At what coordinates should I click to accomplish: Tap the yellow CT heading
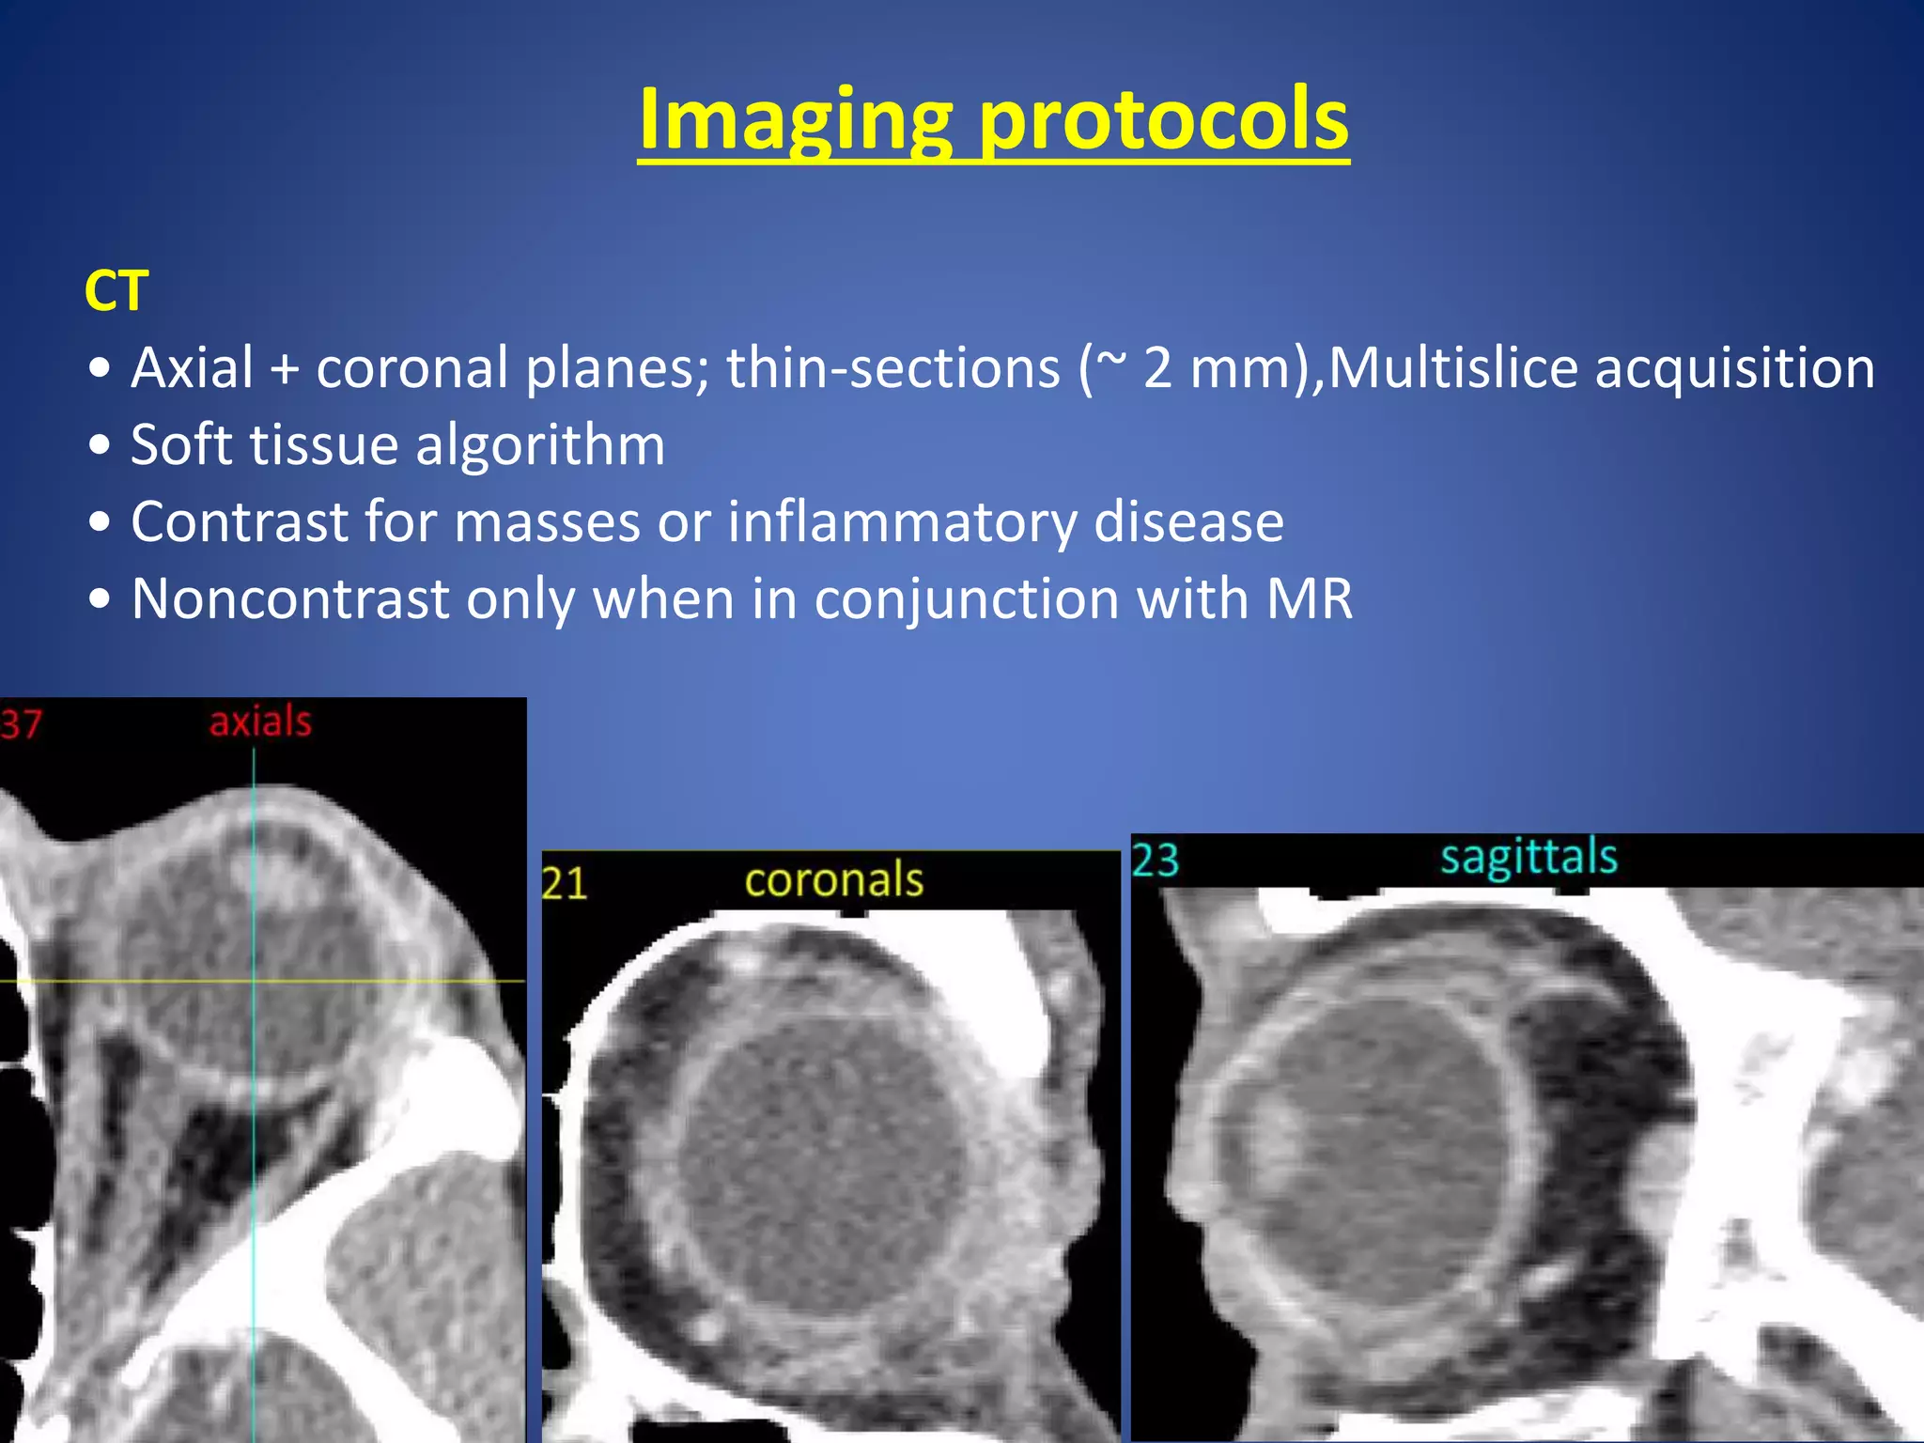tap(116, 291)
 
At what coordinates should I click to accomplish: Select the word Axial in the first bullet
tap(193, 367)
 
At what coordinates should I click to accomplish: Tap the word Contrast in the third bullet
tap(239, 521)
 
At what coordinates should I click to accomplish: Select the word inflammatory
tap(902, 521)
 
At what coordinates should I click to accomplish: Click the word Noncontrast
tap(290, 598)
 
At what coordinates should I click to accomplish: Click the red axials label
tap(260, 722)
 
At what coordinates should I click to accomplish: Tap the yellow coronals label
tap(834, 880)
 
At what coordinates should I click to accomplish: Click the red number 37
tap(21, 724)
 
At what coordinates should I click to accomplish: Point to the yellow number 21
tap(565, 884)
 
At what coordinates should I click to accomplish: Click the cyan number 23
tap(1156, 861)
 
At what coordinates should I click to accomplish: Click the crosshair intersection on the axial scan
tap(254, 981)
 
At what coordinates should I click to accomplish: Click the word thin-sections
tap(892, 367)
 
